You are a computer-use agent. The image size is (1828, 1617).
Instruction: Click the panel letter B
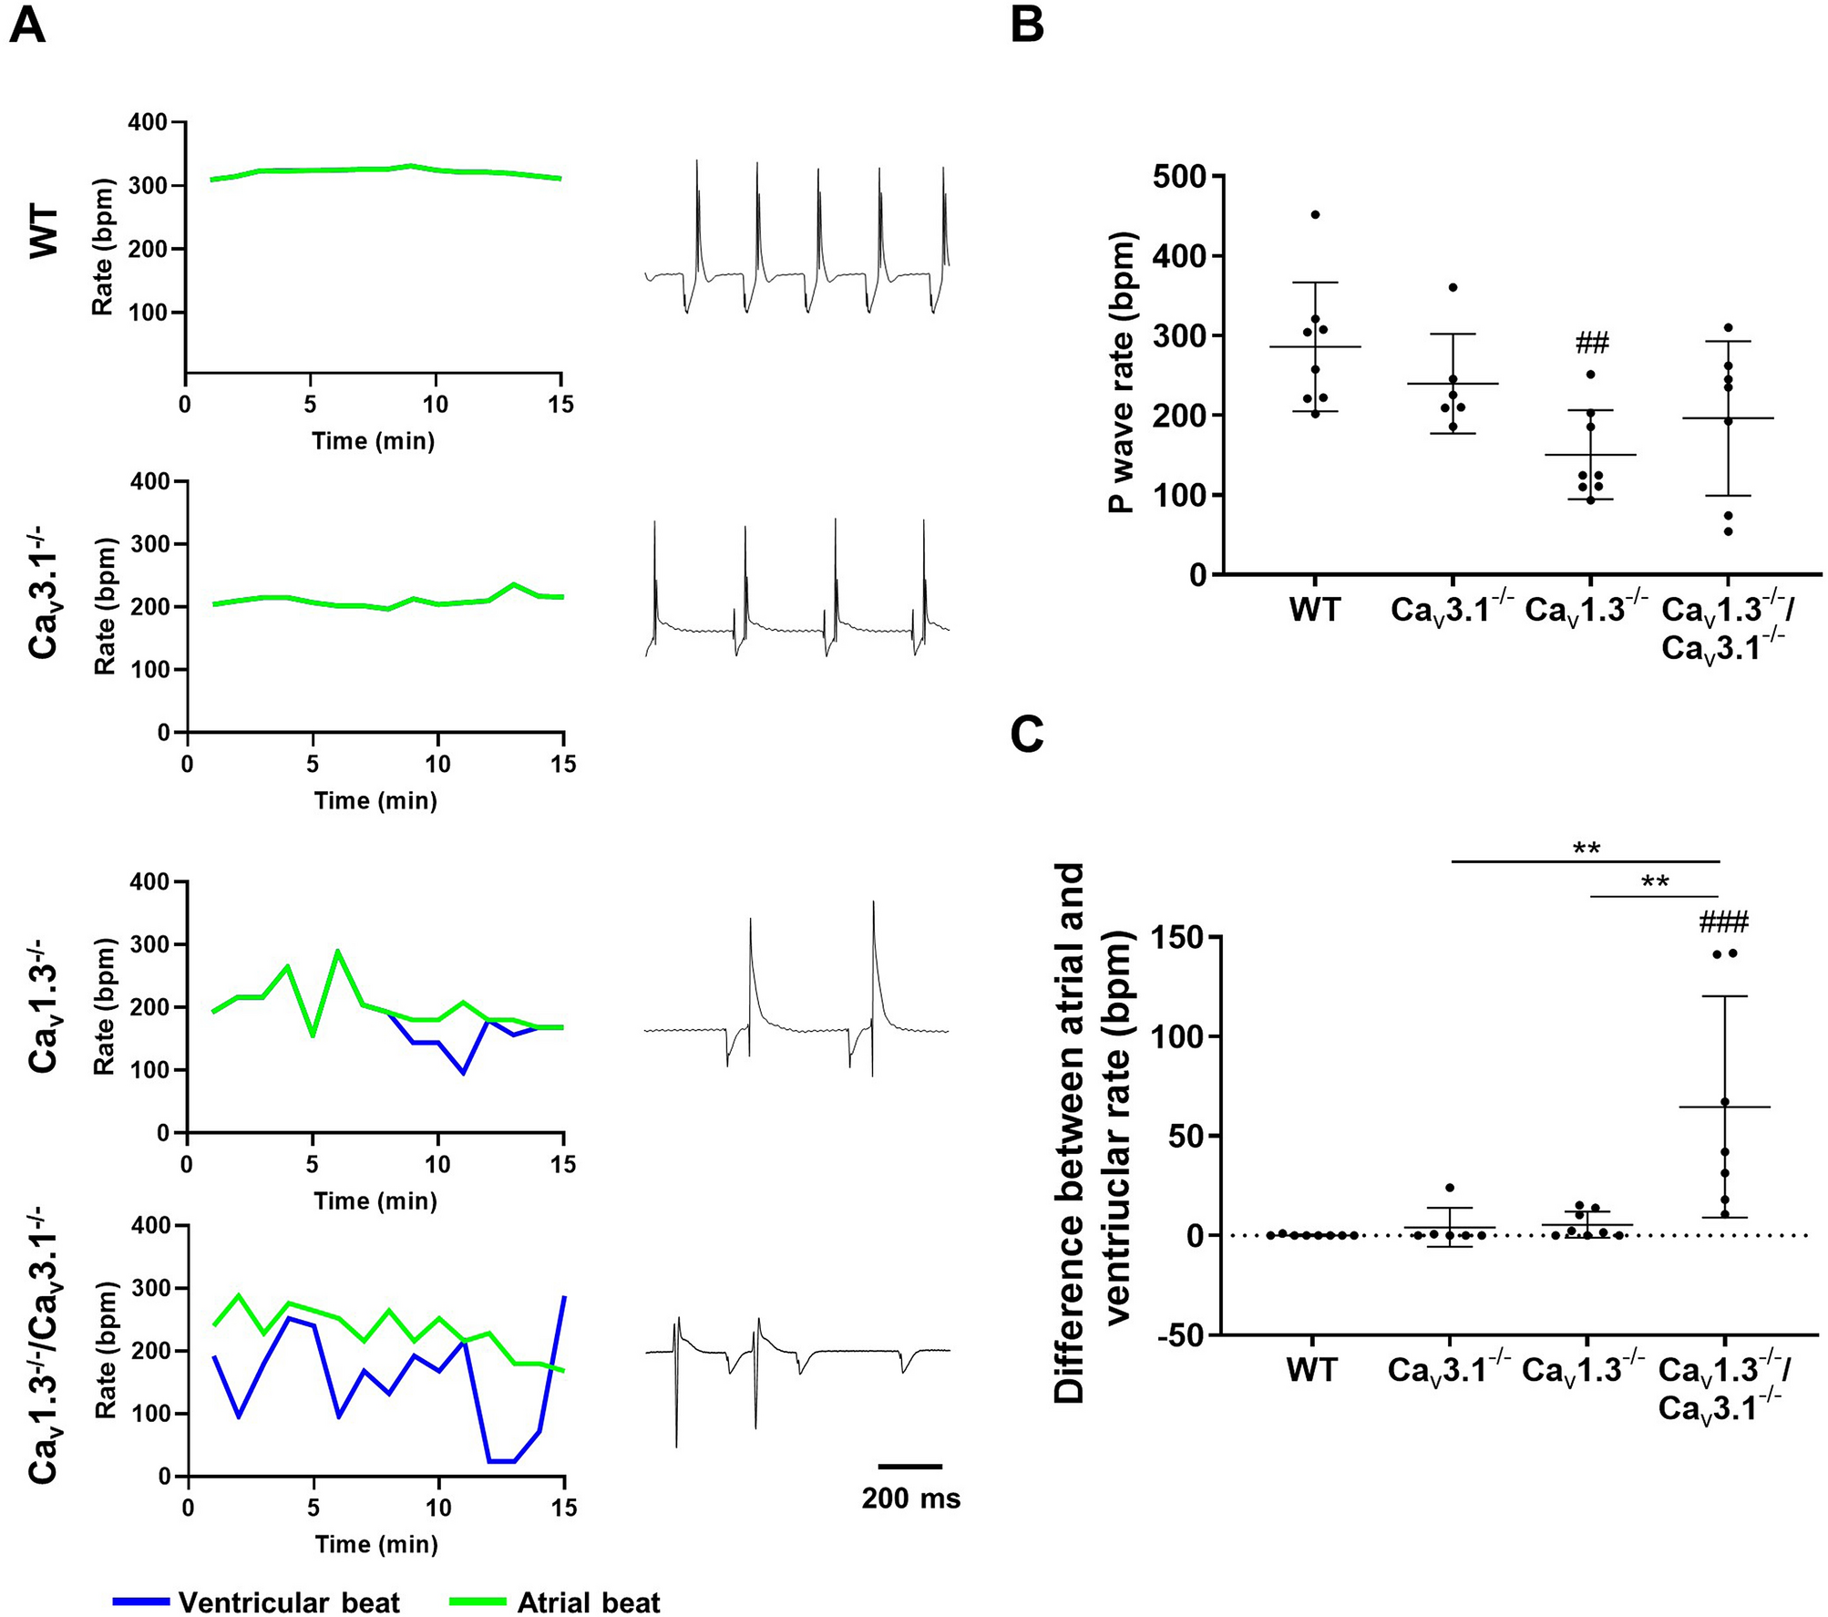coord(1027,26)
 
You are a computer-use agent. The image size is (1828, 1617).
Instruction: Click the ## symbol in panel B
coord(1591,344)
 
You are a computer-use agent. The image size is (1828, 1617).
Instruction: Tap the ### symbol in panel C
coord(1723,923)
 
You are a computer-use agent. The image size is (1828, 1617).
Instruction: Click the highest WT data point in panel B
coord(1315,214)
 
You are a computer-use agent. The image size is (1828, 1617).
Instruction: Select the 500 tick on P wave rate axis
coord(1181,176)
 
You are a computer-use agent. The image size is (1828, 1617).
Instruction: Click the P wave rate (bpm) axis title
coord(1123,374)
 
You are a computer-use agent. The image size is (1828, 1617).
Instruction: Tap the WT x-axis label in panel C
coord(1311,1370)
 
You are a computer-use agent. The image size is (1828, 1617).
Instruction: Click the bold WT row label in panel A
coord(45,232)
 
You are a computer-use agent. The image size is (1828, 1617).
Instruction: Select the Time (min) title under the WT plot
coord(373,441)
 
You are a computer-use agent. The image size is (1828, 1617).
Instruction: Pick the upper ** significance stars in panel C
coord(1587,849)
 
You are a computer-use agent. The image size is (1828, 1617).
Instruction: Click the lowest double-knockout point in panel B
coord(1728,531)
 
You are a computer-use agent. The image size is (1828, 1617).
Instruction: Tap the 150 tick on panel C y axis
coord(1181,937)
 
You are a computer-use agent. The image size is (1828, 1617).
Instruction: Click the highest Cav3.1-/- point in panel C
coord(1450,1188)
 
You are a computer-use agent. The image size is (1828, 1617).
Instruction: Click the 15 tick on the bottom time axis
coord(564,1509)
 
